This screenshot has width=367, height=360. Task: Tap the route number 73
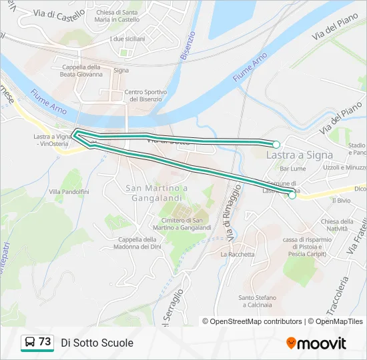tap(45, 342)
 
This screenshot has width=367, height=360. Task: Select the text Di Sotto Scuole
tap(97, 343)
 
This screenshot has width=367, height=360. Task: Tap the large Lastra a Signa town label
tap(299, 155)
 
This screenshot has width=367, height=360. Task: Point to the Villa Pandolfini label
tap(69, 192)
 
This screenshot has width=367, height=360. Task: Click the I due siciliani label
tap(127, 39)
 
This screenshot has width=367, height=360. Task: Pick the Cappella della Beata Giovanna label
tap(81, 71)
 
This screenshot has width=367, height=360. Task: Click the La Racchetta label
tap(238, 254)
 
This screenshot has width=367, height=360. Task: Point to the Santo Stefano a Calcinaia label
tap(255, 301)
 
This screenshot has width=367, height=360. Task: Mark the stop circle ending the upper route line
tap(276, 144)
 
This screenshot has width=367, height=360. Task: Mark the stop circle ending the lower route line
tap(292, 195)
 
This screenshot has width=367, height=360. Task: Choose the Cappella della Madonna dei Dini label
tap(137, 243)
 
